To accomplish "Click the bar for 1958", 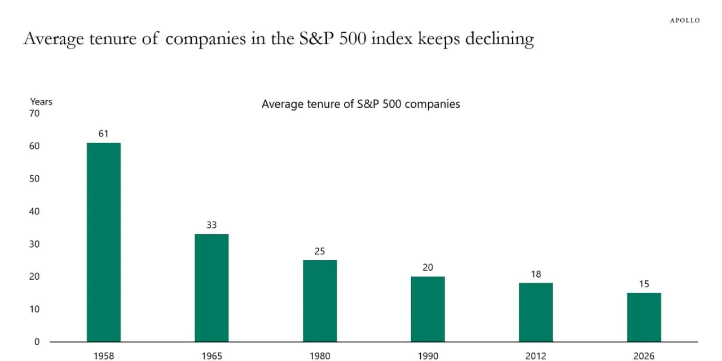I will tap(103, 242).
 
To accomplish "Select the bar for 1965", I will tap(212, 288).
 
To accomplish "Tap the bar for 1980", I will tap(320, 301).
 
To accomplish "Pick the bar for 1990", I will tap(428, 309).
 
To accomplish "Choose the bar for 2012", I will tap(536, 312).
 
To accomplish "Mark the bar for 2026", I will tap(644, 317).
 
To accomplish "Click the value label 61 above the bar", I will tap(103, 134).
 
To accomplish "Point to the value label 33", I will tap(212, 225).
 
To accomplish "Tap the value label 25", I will tap(320, 251).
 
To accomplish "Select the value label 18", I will tap(536, 274).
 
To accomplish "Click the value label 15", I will tap(644, 284).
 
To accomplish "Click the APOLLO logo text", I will tap(685, 20).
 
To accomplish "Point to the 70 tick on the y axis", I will tap(34, 113).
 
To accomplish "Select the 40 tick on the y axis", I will tap(34, 212).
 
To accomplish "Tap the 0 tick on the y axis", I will tap(37, 342).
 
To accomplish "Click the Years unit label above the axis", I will tap(41, 102).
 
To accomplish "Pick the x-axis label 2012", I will tap(536, 356).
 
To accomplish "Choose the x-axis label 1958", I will tap(103, 356).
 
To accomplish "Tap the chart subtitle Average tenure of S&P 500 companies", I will tap(360, 104).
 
